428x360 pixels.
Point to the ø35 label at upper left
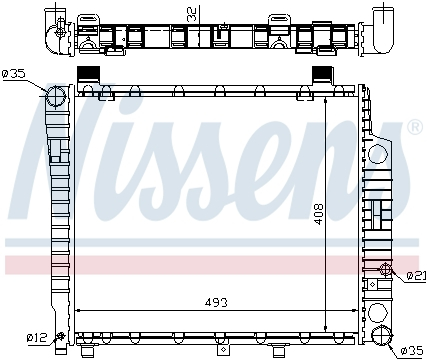point(18,73)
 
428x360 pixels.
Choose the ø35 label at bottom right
point(411,350)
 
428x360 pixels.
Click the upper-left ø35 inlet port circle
point(56,96)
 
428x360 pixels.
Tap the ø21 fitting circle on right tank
point(386,268)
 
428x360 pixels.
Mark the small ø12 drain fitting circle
point(62,335)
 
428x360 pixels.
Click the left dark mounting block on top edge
point(88,74)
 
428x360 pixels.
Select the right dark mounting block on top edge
point(324,74)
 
